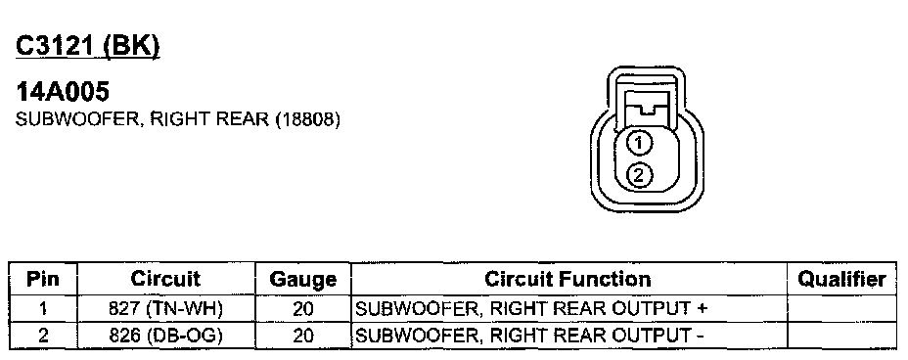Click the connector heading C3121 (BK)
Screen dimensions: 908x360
click(x=87, y=46)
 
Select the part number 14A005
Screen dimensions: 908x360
click(x=63, y=91)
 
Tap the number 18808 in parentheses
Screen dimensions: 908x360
click(x=307, y=119)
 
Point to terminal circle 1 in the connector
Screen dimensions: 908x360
click(x=639, y=143)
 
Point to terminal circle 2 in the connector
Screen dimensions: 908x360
click(x=639, y=175)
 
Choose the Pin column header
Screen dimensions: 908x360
click(x=43, y=279)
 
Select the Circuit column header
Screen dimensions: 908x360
click(x=165, y=279)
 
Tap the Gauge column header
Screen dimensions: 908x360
click(x=303, y=280)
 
